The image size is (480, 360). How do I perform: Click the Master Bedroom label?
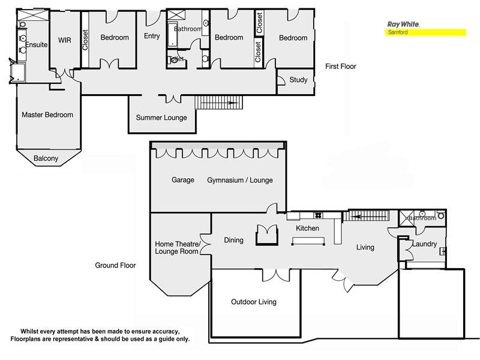click(x=47, y=115)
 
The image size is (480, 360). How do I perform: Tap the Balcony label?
click(x=46, y=158)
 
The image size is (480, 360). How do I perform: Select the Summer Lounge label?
click(x=161, y=118)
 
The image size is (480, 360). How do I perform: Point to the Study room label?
click(x=298, y=80)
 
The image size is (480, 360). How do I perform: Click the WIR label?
click(x=65, y=40)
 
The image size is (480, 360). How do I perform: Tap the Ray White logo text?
click(x=403, y=24)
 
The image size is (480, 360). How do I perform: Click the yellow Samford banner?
click(x=425, y=32)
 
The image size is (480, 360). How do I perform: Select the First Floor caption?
click(x=341, y=66)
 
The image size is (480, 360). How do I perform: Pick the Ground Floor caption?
click(x=115, y=265)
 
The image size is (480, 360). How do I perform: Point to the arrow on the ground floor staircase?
click(x=369, y=217)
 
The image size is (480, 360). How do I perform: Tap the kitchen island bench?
click(x=308, y=241)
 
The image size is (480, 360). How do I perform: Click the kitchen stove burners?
click(x=319, y=215)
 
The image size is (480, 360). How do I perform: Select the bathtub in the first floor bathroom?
click(x=173, y=34)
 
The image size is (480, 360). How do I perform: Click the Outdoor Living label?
click(x=254, y=302)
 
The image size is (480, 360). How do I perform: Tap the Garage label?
click(x=183, y=180)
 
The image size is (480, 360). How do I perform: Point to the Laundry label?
click(x=424, y=244)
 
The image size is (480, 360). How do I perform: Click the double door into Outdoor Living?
click(x=276, y=275)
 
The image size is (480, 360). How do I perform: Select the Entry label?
click(x=152, y=36)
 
